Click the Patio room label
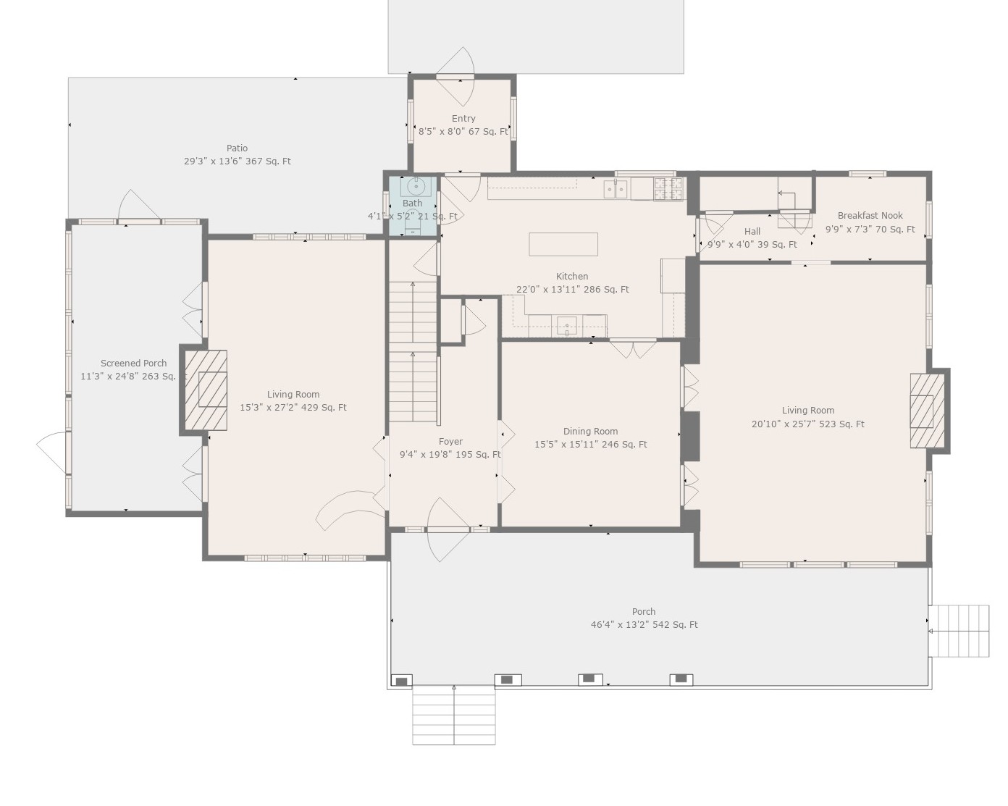[237, 148]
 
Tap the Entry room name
[463, 119]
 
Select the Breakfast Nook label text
[870, 216]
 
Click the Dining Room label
[590, 432]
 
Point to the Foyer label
[450, 442]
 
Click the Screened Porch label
[133, 364]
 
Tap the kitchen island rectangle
[563, 245]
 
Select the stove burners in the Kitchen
[668, 189]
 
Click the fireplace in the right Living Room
[927, 411]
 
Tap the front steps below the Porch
[454, 715]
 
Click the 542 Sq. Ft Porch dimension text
[644, 625]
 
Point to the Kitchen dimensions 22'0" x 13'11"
[572, 290]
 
